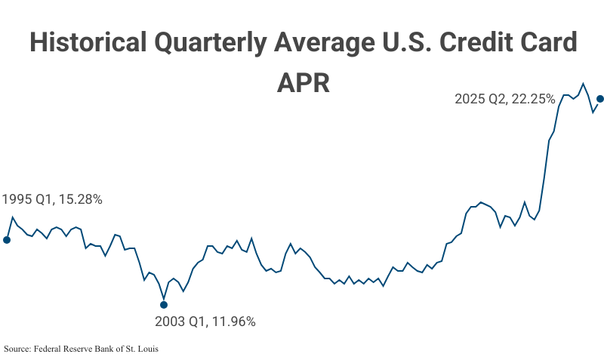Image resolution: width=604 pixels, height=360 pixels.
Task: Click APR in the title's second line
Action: coord(303,83)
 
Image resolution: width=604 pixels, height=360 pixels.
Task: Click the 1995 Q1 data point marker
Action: coord(7,240)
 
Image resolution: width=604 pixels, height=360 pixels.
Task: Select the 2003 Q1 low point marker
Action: coord(164,305)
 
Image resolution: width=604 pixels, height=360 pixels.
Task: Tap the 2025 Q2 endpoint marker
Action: coord(600,99)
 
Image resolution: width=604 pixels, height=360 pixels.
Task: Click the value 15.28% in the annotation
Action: coord(79,200)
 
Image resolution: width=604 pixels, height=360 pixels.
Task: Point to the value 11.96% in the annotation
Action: coord(233,322)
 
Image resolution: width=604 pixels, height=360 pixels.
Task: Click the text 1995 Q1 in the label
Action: coord(26,200)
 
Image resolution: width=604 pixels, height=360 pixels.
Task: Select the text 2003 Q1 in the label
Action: coord(180,322)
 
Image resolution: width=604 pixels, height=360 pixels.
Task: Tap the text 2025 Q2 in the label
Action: coord(479,99)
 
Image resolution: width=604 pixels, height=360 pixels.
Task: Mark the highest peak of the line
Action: coord(583,84)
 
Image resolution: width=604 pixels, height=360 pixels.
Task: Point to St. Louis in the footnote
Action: coord(143,349)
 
